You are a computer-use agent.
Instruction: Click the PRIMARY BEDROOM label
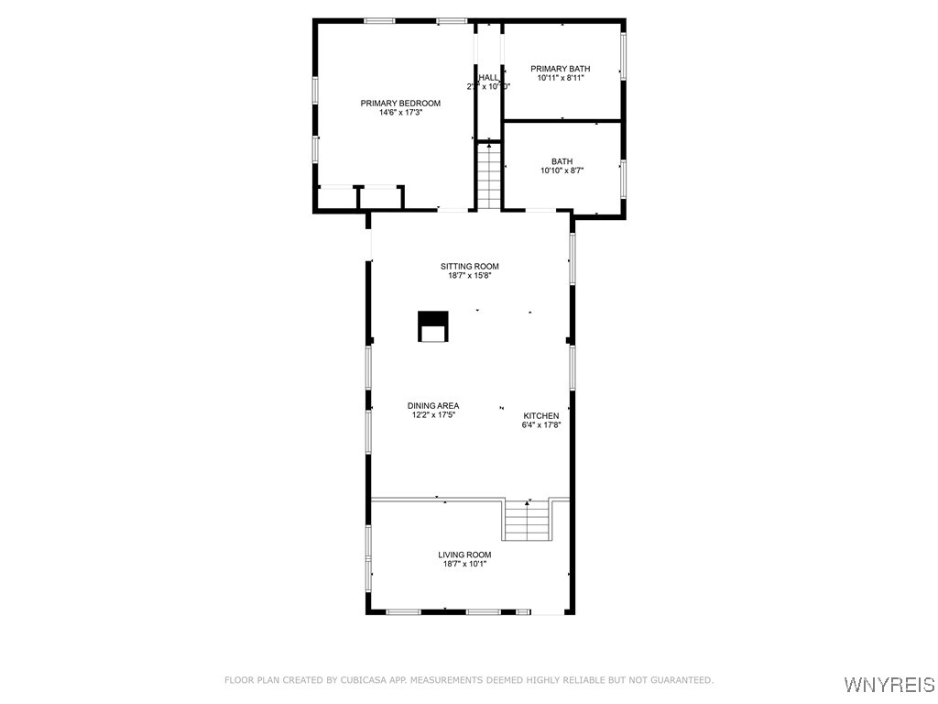click(x=400, y=104)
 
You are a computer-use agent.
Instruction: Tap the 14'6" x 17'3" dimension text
click(x=400, y=113)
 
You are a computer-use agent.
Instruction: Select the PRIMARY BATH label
click(x=561, y=69)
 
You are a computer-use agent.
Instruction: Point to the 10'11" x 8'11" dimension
click(x=561, y=78)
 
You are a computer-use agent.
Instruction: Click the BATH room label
click(x=562, y=161)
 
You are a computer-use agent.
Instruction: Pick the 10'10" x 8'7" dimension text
click(x=562, y=170)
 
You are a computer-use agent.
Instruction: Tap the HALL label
click(x=488, y=77)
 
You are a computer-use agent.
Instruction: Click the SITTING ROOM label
click(x=469, y=267)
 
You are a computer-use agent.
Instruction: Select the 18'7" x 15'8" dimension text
click(x=469, y=276)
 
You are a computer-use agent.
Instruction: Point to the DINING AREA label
click(x=433, y=405)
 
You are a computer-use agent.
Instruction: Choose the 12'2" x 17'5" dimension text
click(x=433, y=415)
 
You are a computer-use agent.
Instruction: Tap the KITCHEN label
click(x=540, y=415)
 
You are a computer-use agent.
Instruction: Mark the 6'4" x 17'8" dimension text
click(x=540, y=424)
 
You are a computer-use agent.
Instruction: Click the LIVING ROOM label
click(x=465, y=555)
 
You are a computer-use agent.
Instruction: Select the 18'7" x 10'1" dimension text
click(x=465, y=564)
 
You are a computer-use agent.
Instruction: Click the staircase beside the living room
click(x=528, y=522)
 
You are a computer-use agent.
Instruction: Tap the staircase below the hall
click(x=489, y=176)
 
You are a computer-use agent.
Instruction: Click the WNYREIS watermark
click(x=889, y=685)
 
